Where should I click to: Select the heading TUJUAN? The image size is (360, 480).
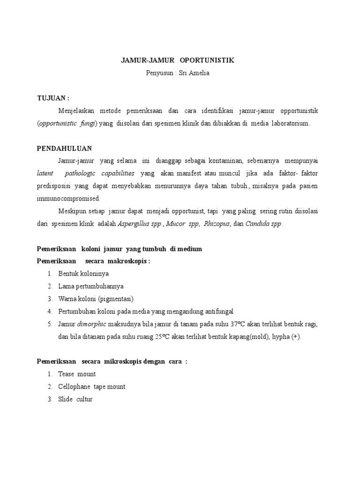point(52,98)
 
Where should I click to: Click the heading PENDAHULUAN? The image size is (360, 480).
point(64,148)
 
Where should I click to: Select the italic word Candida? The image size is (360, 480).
point(257,224)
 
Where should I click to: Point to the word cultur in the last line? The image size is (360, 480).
point(85,399)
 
